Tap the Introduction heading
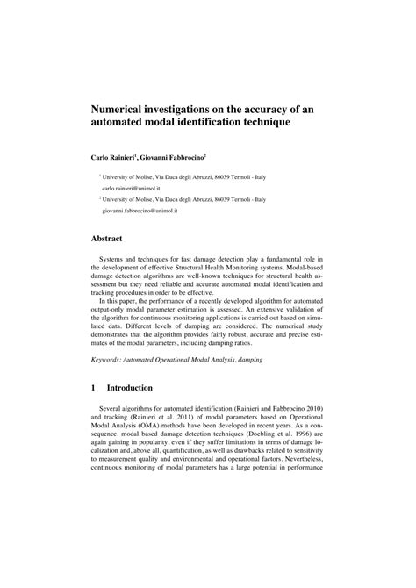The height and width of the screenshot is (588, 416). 130,387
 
